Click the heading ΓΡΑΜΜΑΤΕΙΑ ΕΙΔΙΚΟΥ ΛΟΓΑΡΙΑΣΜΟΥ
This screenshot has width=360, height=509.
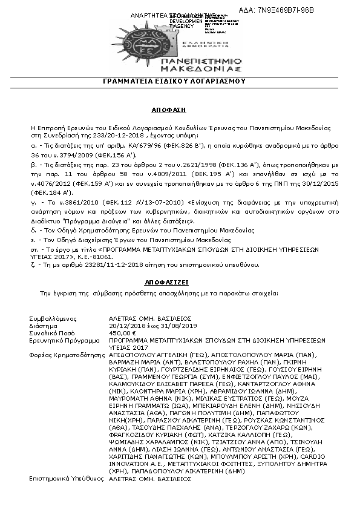[180, 80]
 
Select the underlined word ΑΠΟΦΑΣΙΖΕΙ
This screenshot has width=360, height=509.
[180, 282]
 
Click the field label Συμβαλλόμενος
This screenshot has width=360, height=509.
[52, 318]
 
